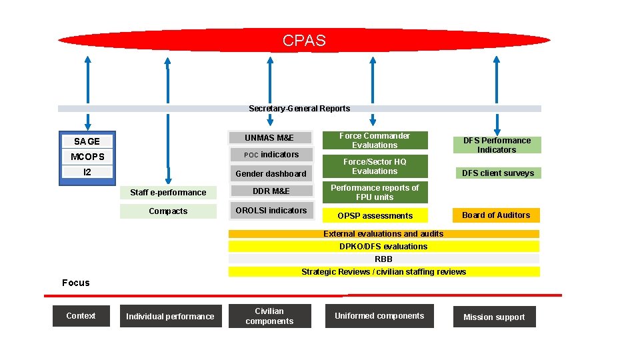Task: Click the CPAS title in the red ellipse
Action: [x=304, y=41]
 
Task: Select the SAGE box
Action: [x=87, y=141]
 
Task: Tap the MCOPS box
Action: [x=87, y=157]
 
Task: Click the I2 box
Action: [x=87, y=172]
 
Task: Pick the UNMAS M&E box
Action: [x=269, y=138]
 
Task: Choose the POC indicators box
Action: [x=271, y=155]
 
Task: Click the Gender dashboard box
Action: [x=271, y=174]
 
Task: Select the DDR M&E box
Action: [x=271, y=192]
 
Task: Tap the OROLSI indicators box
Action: [x=271, y=211]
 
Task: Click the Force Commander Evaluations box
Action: [x=375, y=141]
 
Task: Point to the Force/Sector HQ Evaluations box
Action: [x=375, y=167]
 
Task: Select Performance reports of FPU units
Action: [x=375, y=193]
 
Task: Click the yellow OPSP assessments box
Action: [x=375, y=216]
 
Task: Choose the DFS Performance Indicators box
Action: [x=497, y=145]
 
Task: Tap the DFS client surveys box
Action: [x=497, y=173]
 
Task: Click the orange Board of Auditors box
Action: [x=496, y=215]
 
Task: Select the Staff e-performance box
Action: [x=168, y=193]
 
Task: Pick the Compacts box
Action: [x=168, y=211]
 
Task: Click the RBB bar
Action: [x=383, y=259]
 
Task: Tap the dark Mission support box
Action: [x=494, y=317]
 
